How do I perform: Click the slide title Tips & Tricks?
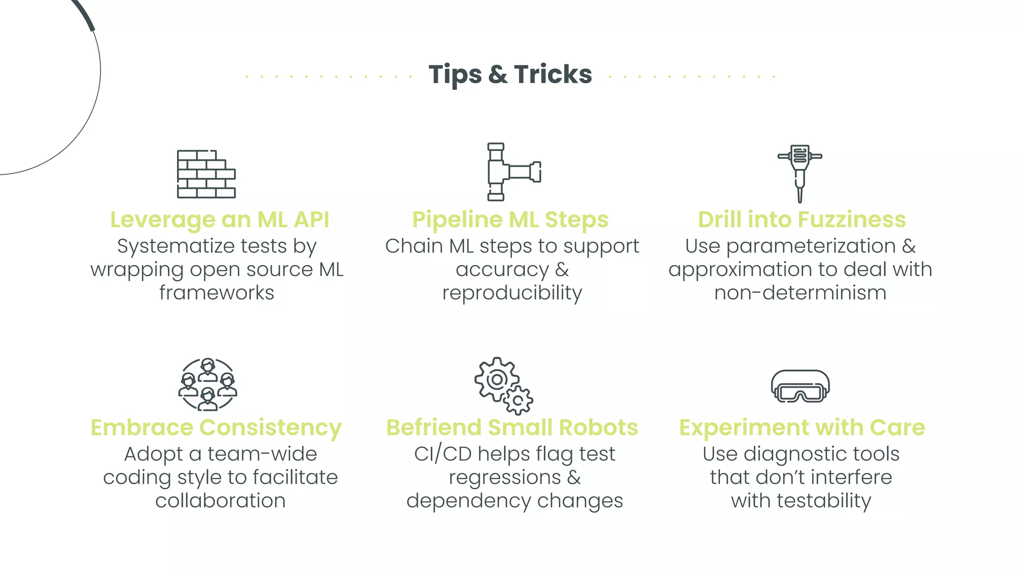(x=510, y=75)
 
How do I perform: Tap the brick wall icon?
(x=206, y=174)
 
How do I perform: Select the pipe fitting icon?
(x=513, y=172)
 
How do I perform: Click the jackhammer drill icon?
(x=800, y=172)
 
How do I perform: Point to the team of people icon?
(x=207, y=384)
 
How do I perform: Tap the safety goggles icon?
(x=800, y=386)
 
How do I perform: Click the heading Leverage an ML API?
(x=219, y=220)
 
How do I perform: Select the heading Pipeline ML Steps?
(x=510, y=220)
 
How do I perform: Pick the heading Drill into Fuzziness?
(x=802, y=220)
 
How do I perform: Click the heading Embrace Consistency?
(x=216, y=428)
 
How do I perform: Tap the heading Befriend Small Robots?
(x=512, y=428)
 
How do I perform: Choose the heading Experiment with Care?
(x=802, y=428)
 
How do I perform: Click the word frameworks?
(x=217, y=293)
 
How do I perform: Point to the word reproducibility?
(x=512, y=293)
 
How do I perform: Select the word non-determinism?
(x=800, y=293)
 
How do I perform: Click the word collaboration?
(x=220, y=501)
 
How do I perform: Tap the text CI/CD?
(x=443, y=454)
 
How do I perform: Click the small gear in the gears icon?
(x=518, y=400)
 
